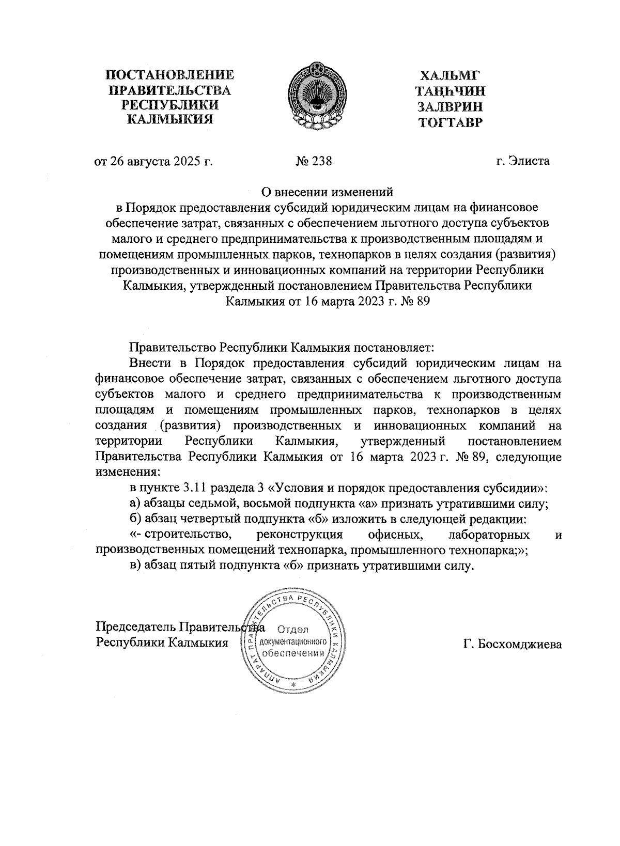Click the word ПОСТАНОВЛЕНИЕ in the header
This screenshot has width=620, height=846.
coord(170,75)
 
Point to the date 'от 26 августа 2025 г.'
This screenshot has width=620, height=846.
coord(153,161)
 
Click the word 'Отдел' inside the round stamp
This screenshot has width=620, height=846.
coord(293,629)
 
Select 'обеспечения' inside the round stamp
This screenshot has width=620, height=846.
coord(293,653)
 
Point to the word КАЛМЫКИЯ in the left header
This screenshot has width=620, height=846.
coord(170,120)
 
